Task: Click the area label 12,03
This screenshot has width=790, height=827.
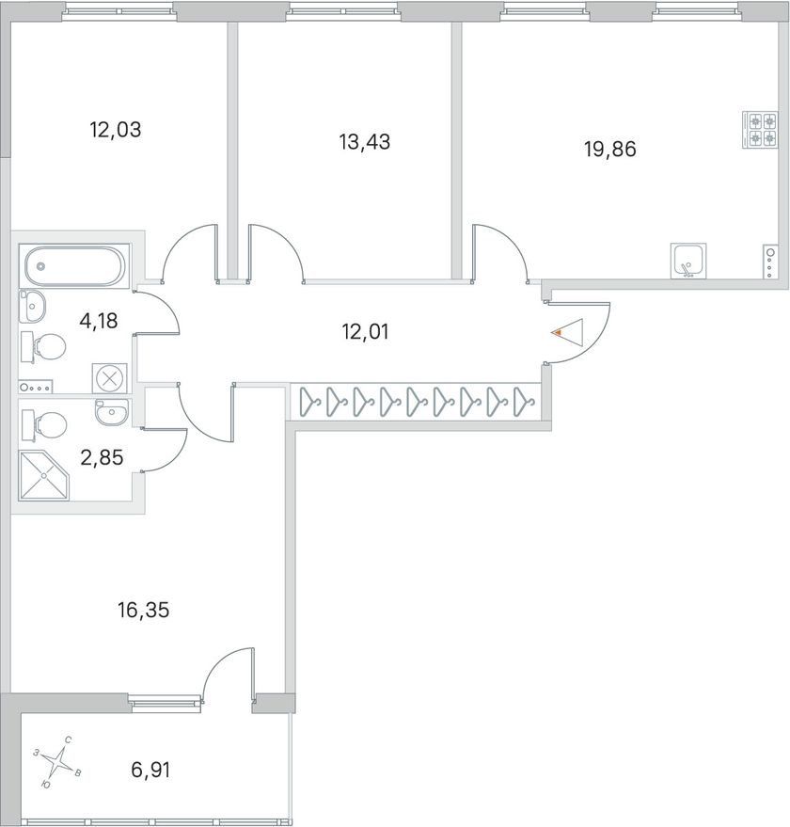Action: coord(116,129)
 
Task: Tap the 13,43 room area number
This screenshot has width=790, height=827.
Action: coord(364,142)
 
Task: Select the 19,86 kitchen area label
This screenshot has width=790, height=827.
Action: coord(609,150)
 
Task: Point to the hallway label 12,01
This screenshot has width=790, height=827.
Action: coord(365,332)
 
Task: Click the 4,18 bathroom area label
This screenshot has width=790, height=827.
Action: coord(98,320)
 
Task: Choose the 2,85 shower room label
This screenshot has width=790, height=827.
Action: coord(102,457)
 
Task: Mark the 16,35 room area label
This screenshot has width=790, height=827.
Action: coord(144,611)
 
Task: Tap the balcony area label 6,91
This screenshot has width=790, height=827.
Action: coord(150,770)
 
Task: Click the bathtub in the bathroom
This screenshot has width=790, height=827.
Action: coord(74,266)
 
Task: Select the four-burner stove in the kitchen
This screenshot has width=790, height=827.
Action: coord(760,130)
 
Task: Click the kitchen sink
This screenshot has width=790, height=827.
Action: coord(688,260)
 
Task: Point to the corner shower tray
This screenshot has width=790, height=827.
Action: coord(44,476)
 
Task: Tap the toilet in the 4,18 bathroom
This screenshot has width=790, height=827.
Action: coord(43,347)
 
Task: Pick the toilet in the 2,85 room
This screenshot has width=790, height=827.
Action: coord(44,425)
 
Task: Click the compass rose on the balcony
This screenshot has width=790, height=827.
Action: coord(58,761)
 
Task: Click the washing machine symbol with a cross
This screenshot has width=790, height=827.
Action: coord(110,378)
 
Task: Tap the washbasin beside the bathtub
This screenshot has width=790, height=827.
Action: coord(32,306)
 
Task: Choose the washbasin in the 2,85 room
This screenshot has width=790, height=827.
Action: coord(112,411)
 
